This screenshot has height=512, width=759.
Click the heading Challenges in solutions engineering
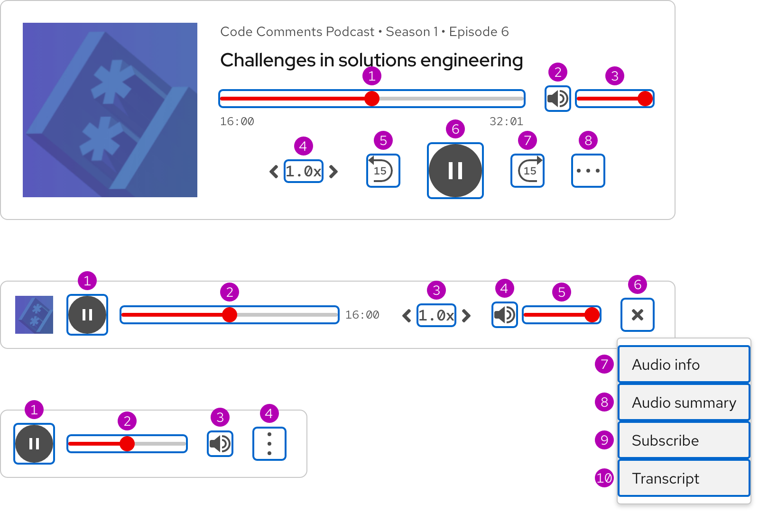tap(371, 60)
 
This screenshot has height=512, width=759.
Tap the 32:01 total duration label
tap(506, 122)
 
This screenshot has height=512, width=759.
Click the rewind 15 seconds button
tap(383, 171)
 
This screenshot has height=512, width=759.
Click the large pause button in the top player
tap(455, 171)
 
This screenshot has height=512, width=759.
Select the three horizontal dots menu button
tap(588, 171)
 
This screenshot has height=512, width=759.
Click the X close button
tap(638, 315)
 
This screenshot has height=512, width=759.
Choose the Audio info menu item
tap(684, 365)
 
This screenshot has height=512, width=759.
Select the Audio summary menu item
tap(684, 402)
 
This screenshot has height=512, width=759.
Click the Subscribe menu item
tap(684, 440)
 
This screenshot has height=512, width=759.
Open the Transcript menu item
tap(684, 478)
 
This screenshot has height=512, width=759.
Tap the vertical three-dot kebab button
tap(269, 444)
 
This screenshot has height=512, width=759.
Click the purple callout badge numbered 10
tap(604, 478)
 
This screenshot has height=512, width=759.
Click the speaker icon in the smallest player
tap(220, 444)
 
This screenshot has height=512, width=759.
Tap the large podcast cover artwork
tap(110, 110)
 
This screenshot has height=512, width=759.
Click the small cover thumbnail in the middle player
tap(34, 315)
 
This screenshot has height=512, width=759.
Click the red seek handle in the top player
tap(372, 99)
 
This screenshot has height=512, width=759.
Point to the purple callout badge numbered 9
tap(604, 440)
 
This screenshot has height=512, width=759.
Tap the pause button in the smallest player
tap(34, 444)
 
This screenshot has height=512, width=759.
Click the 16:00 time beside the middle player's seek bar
tap(362, 315)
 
